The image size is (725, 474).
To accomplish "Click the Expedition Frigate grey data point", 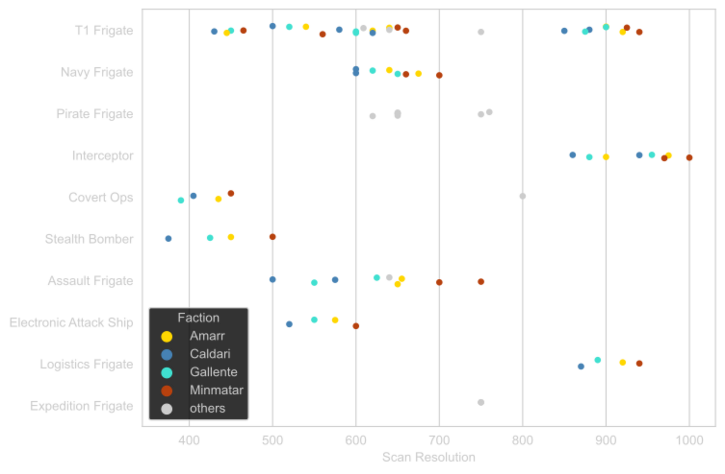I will coord(481,402).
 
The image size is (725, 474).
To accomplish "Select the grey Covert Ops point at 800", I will coord(523,196).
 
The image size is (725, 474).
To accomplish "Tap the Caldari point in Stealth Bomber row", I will coord(169,238).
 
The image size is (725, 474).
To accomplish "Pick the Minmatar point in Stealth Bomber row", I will coord(272,237).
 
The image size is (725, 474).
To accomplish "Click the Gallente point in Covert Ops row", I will coord(181,200).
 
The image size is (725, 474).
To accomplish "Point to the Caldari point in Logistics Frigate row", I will coord(581,366).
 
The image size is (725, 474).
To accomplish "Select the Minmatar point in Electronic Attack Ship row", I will coord(356,326).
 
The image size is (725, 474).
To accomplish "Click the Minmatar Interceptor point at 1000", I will coord(689,158).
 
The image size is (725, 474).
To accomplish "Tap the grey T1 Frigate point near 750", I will coord(481,32).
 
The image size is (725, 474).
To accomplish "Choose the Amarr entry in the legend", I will coord(207,336).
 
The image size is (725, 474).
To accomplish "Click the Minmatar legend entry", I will coord(216,390).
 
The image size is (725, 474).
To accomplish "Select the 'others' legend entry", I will coord(207,408).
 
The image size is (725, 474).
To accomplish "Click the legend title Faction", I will coord(198,318).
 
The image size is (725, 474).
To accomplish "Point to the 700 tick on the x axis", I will coord(439,440).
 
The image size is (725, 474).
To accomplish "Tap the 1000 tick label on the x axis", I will coord(689,440).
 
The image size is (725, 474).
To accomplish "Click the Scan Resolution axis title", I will coord(428,457).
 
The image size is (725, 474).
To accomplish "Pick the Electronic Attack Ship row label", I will coord(71,323).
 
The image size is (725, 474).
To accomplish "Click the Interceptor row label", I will coord(103,156).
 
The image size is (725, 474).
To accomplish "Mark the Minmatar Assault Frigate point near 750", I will coord(481,282).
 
